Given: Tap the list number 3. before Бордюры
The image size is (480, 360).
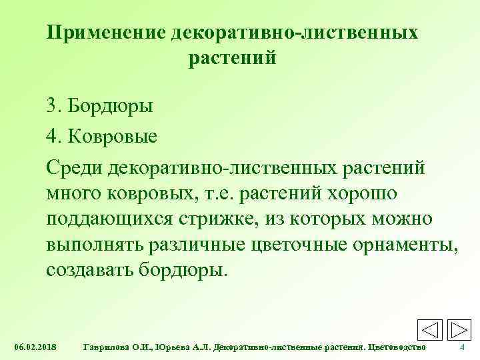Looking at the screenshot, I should (x=54, y=106).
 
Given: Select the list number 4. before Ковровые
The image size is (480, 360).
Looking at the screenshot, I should (x=54, y=138).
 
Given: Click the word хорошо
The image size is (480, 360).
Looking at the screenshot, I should (x=364, y=195).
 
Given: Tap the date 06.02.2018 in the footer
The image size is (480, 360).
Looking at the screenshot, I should (x=35, y=348).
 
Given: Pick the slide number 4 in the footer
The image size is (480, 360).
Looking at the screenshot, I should (x=463, y=348).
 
